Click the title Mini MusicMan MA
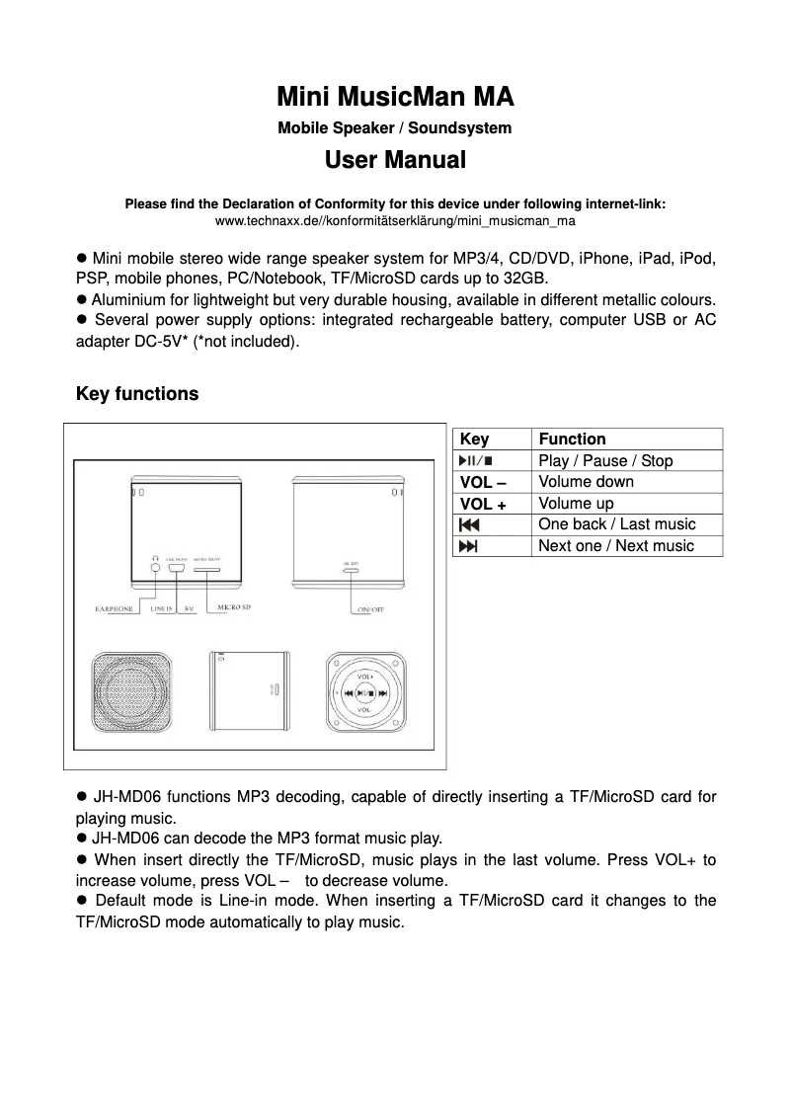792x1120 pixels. [x=395, y=98]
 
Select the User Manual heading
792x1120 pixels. [x=395, y=160]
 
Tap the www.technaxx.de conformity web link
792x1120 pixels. [x=395, y=221]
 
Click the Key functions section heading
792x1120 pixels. [x=137, y=394]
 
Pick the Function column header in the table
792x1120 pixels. [x=572, y=440]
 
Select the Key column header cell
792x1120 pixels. [x=475, y=440]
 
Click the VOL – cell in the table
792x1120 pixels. [x=484, y=482]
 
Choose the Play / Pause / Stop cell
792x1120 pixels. [x=605, y=461]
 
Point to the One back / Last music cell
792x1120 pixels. [x=616, y=524]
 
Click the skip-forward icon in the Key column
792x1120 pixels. [x=468, y=546]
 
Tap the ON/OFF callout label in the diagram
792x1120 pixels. [x=370, y=609]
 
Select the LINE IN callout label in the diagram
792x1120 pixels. [x=162, y=609]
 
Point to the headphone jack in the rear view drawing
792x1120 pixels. [x=155, y=569]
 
